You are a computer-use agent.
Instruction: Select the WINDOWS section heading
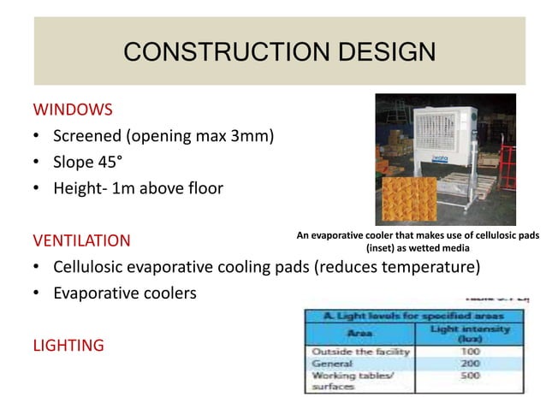[73, 110]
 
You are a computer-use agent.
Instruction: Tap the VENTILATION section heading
[81, 240]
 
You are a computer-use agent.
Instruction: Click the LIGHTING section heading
[68, 345]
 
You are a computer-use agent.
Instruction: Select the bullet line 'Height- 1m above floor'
[138, 187]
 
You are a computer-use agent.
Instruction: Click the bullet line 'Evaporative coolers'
[124, 293]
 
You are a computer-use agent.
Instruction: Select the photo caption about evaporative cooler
[417, 240]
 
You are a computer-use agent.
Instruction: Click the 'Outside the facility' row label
[359, 352]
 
